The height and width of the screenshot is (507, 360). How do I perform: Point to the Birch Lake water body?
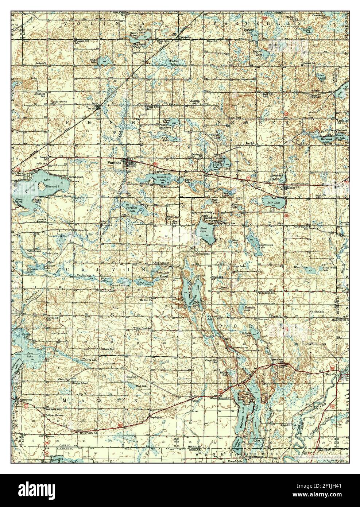pos(203,233)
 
